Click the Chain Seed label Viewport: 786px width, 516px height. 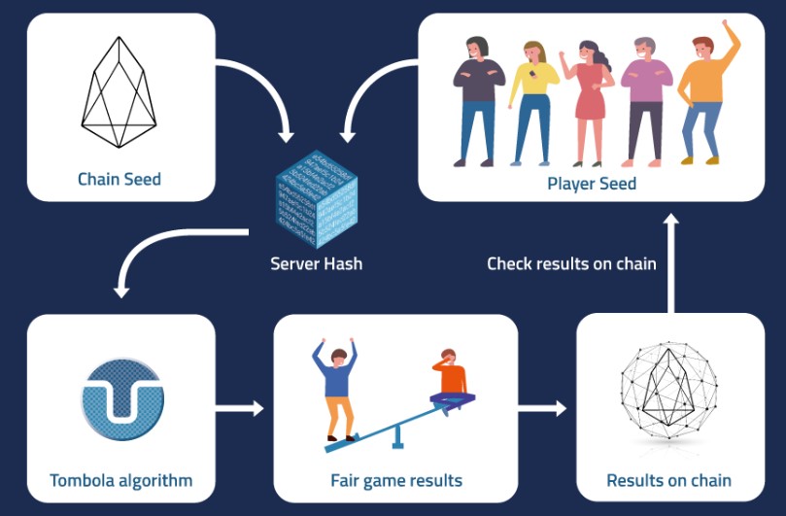120,179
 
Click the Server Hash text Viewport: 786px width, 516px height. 316,263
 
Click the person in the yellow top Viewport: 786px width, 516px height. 532,101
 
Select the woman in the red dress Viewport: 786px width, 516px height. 590,101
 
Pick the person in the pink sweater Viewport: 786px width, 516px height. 643,101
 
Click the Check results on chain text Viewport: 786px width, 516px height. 571,263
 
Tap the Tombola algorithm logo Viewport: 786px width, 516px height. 120,398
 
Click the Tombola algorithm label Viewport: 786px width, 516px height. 120,480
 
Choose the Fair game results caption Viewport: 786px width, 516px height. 396,480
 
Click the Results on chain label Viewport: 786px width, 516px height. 668,480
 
